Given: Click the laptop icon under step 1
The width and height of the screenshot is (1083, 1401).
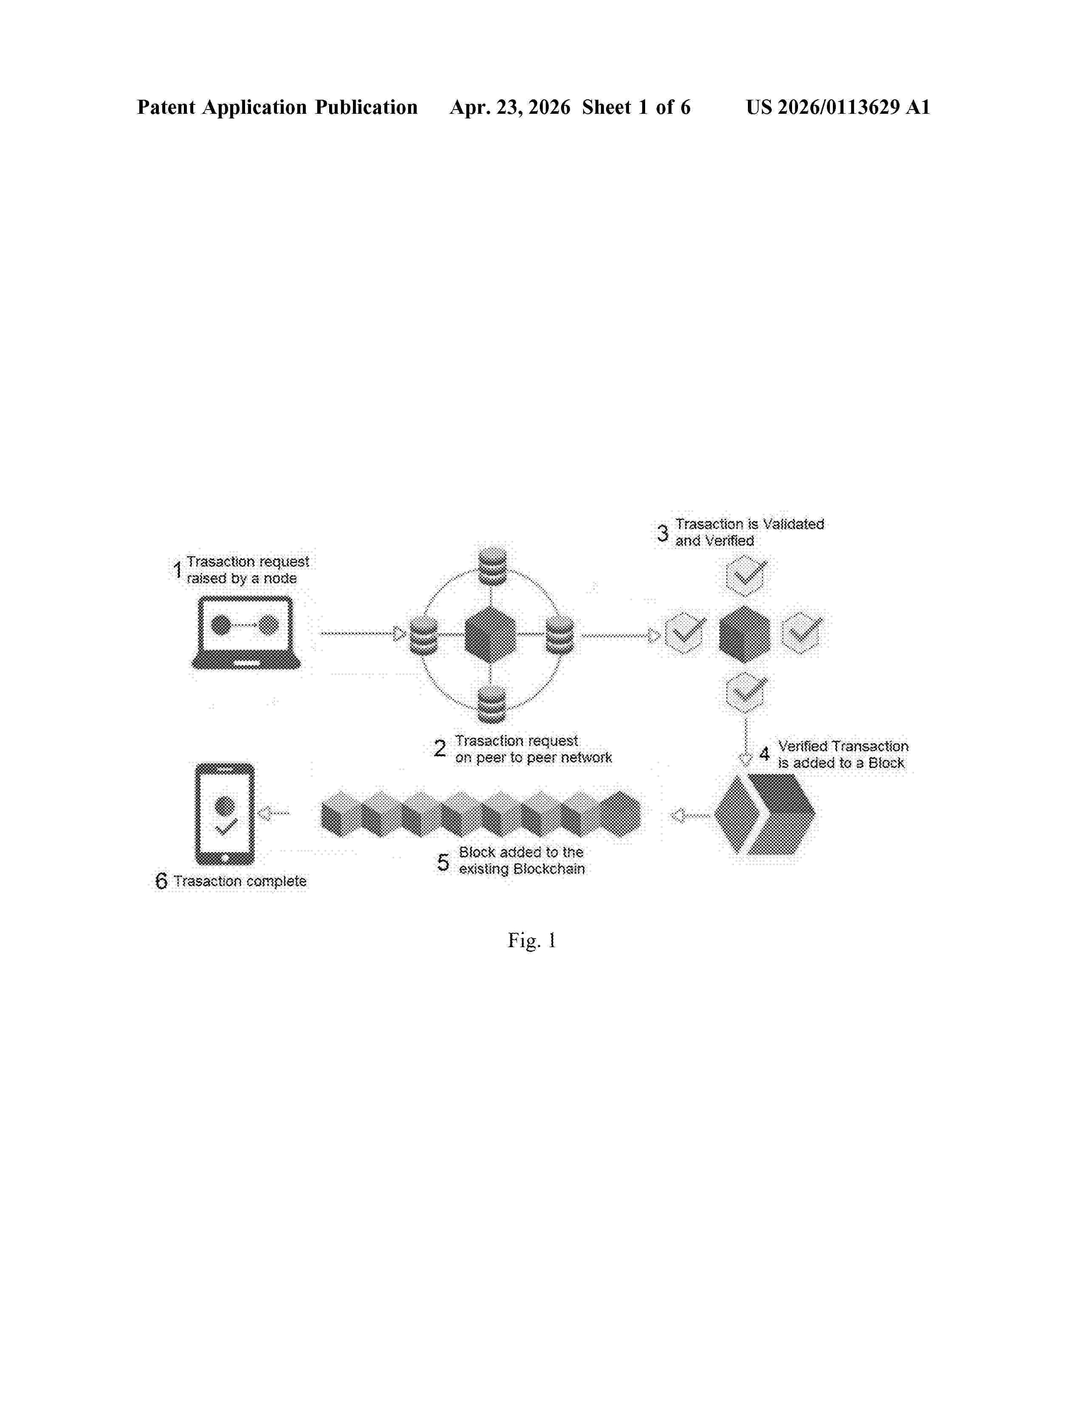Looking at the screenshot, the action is [x=246, y=633].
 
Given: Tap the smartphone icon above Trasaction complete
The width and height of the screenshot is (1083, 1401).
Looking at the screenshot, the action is [x=225, y=813].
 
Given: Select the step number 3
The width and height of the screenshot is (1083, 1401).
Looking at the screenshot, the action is [x=662, y=533].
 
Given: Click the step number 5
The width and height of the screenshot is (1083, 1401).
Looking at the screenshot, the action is [x=443, y=862].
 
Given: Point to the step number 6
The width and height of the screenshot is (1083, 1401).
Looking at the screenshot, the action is [x=161, y=881].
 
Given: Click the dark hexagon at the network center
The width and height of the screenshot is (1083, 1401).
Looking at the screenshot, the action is [x=490, y=635].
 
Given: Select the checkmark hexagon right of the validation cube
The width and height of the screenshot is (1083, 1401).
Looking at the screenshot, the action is [x=802, y=633].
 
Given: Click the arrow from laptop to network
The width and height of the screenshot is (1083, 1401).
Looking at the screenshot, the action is [x=363, y=634].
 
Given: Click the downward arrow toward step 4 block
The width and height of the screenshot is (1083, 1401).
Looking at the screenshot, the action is [x=745, y=742].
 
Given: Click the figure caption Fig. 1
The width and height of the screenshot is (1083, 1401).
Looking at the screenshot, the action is [x=532, y=941].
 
